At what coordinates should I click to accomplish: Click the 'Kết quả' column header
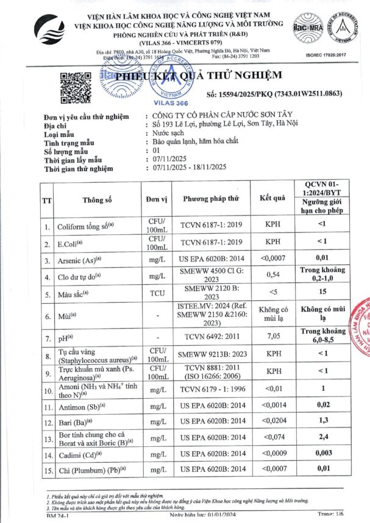pyautogui.click(x=272, y=198)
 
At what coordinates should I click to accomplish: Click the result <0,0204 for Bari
pyautogui.click(x=272, y=421)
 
